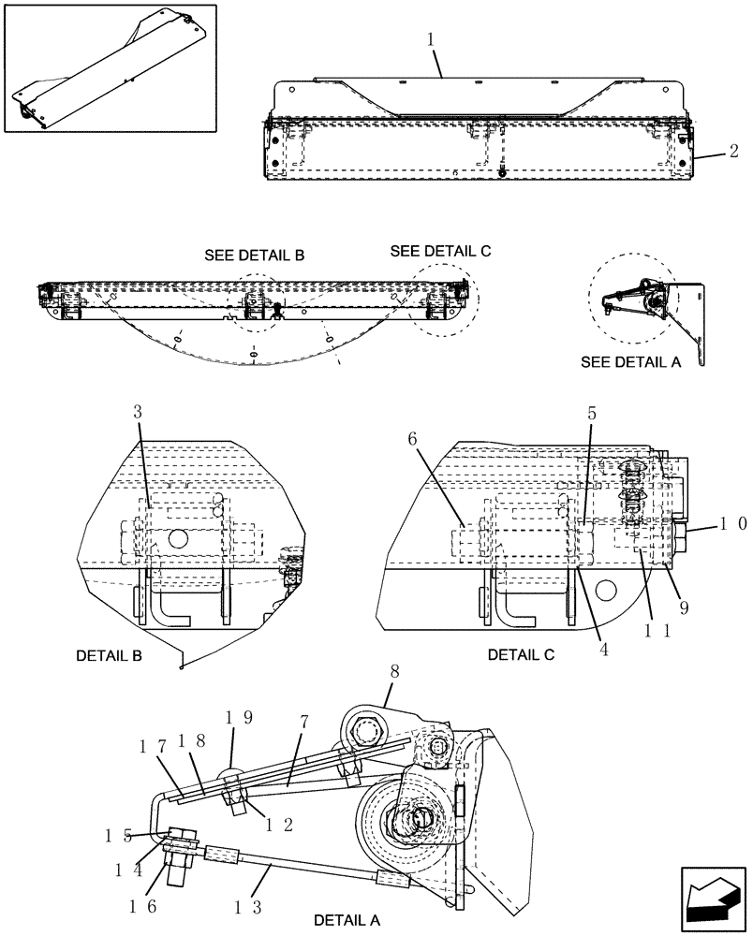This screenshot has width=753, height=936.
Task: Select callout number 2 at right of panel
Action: pos(733,150)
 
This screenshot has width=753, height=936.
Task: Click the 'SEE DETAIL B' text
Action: pos(254,256)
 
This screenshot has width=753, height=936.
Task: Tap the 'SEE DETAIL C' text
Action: pos(440,251)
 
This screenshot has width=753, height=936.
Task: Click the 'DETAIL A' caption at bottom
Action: pos(347,919)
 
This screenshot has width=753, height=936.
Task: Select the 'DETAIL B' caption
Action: pos(109,656)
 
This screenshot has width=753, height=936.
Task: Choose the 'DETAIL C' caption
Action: pos(521,655)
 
